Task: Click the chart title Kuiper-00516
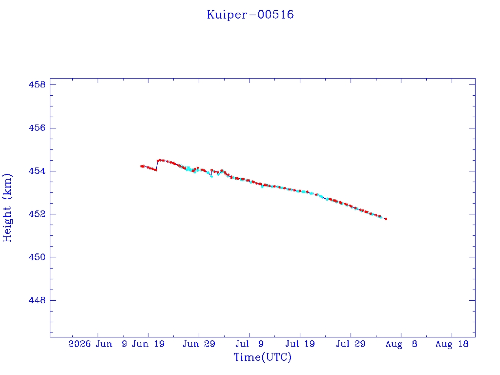(x=250, y=15)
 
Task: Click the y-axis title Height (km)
(x=7, y=208)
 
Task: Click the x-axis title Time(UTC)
(x=262, y=357)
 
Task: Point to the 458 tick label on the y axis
(x=37, y=84)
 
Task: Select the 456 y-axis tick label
(x=37, y=128)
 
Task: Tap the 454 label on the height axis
(x=37, y=171)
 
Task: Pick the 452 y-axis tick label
(x=37, y=214)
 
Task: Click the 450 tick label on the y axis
(x=37, y=257)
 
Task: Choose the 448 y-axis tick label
(x=37, y=300)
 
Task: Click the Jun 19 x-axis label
(x=148, y=344)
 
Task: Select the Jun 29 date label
(x=199, y=344)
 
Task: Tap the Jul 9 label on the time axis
(x=250, y=344)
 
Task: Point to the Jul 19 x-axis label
(x=300, y=344)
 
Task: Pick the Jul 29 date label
(x=351, y=344)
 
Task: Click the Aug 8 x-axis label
(x=401, y=344)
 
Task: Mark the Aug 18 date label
(x=452, y=344)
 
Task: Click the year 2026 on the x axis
(x=80, y=344)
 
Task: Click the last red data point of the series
(x=386, y=219)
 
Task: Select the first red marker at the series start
(x=141, y=166)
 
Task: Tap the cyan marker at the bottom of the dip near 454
(x=211, y=176)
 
